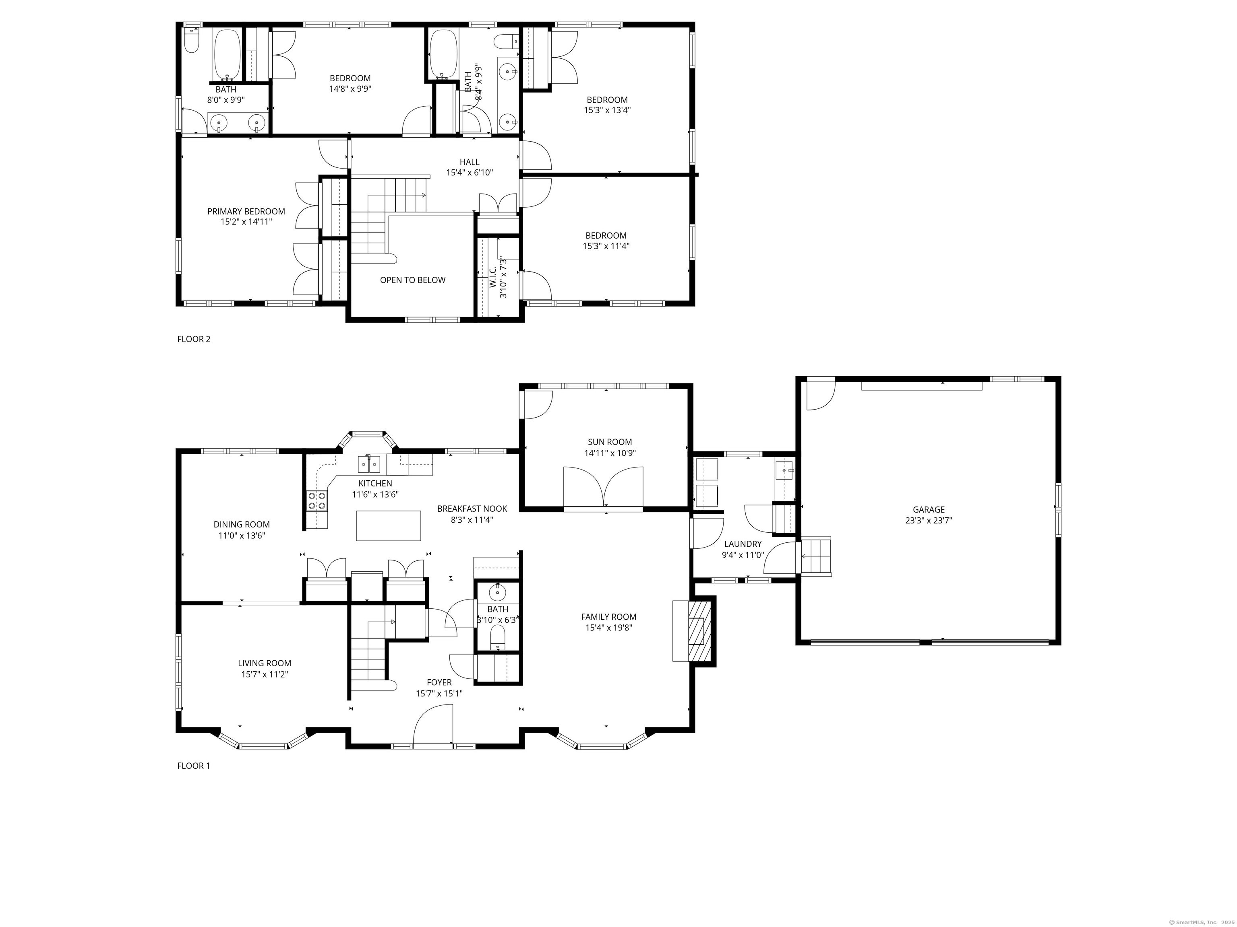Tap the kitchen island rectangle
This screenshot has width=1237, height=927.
pos(389,526)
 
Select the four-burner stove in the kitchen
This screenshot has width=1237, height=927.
pos(317,500)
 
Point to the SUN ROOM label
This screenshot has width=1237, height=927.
pos(610,442)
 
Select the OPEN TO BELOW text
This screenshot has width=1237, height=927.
pos(413,280)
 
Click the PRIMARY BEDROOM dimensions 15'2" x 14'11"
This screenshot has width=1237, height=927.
pos(246,222)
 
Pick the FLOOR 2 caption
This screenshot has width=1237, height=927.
pos(194,339)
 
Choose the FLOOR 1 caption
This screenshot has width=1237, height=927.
pos(194,766)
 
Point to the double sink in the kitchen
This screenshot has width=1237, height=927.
pos(369,464)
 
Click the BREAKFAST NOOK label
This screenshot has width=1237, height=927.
pos(472,509)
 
